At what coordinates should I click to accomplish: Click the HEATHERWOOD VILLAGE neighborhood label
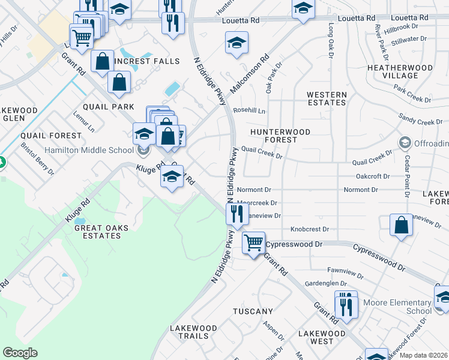(x=400, y=72)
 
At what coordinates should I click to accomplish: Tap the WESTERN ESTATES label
(x=327, y=99)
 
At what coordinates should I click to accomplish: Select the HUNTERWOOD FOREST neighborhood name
(x=280, y=136)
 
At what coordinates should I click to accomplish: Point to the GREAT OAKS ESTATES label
(x=97, y=232)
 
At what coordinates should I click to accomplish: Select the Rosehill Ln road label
(x=249, y=110)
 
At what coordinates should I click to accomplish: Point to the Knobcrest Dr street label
(x=310, y=229)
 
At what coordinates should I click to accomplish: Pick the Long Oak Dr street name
(x=331, y=41)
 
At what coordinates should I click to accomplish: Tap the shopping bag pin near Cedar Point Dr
(x=401, y=225)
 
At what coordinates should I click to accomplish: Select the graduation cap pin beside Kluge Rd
(x=172, y=176)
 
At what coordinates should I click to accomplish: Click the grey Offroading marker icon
(x=405, y=143)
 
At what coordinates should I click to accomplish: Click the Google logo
(x=20, y=353)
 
